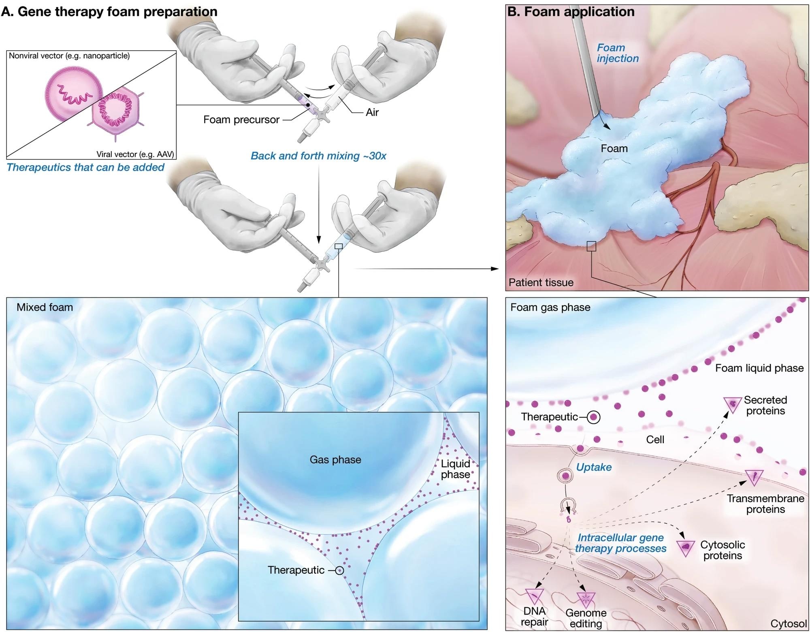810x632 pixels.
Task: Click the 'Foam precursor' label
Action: pos(241,120)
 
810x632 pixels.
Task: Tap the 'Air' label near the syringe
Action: pos(372,112)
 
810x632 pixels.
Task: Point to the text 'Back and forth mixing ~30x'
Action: pos(318,156)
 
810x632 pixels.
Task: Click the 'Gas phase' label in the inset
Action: pos(335,460)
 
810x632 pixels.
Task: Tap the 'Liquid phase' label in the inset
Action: pos(456,469)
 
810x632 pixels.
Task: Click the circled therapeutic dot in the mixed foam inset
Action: pos(339,570)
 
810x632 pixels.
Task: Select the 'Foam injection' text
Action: pos(617,53)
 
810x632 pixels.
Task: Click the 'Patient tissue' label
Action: pos(541,282)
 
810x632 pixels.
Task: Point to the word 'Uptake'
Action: pos(594,467)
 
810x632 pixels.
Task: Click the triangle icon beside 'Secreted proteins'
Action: pos(732,404)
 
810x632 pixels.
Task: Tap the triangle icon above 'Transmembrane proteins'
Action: pos(754,477)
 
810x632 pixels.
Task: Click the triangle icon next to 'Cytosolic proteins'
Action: pos(686,547)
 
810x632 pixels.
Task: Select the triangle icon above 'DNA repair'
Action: pos(535,596)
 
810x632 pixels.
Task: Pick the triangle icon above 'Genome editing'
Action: pos(585,598)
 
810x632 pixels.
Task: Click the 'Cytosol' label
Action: pos(789,623)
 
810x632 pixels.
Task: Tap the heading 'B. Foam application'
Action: pos(571,12)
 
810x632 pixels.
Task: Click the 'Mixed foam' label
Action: pos(45,307)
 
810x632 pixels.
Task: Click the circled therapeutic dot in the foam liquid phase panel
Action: pos(594,417)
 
